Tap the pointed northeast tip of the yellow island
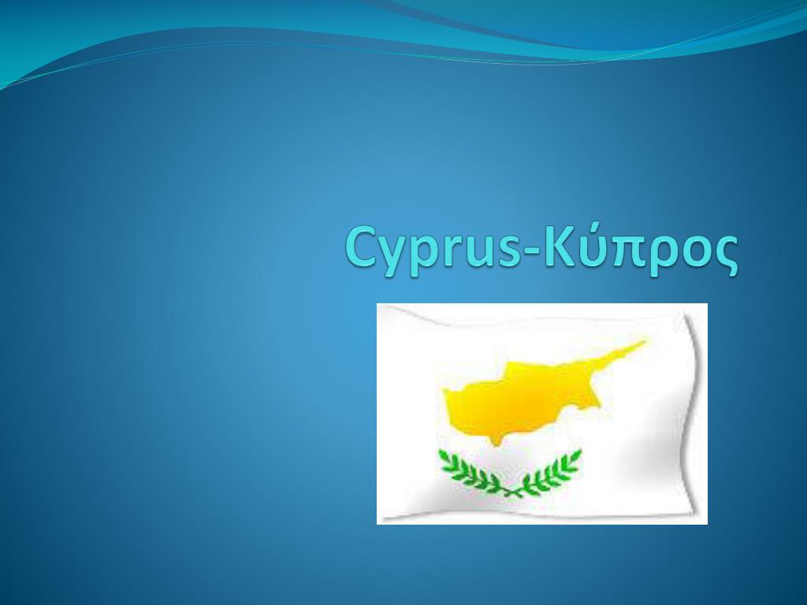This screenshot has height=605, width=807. click(x=643, y=343)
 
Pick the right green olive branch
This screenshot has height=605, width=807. click(x=555, y=470)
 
